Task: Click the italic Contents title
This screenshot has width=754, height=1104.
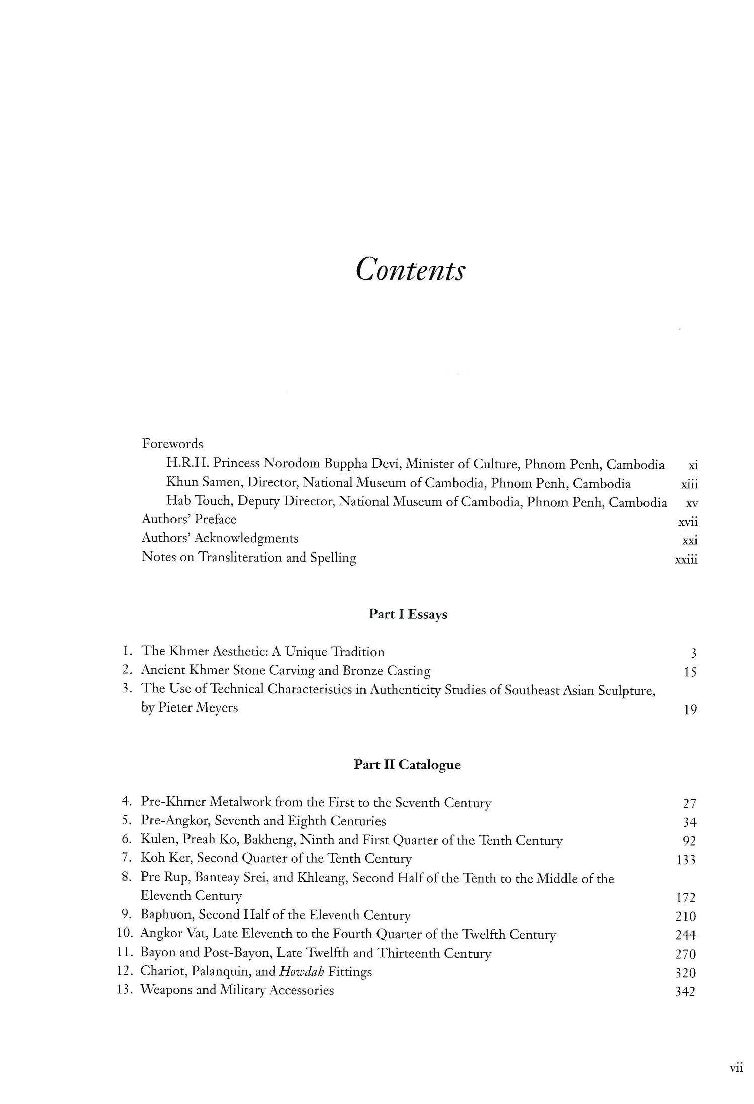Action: coord(410,270)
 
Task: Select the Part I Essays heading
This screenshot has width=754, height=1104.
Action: coord(408,614)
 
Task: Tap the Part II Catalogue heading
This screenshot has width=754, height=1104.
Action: coord(407,765)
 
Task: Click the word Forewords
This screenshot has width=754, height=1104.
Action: coord(172,444)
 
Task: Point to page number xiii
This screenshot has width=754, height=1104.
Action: coord(689,485)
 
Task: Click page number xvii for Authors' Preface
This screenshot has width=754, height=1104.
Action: coord(688,522)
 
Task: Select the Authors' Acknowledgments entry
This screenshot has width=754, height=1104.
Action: coord(220,538)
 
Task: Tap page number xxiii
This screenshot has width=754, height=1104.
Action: coord(686,560)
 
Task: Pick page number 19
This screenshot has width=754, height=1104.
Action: coord(690,710)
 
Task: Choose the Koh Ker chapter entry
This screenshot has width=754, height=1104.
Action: coord(276,858)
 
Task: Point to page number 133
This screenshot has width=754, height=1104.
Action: coord(686,860)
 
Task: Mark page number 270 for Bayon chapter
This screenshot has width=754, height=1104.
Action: coord(686,954)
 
